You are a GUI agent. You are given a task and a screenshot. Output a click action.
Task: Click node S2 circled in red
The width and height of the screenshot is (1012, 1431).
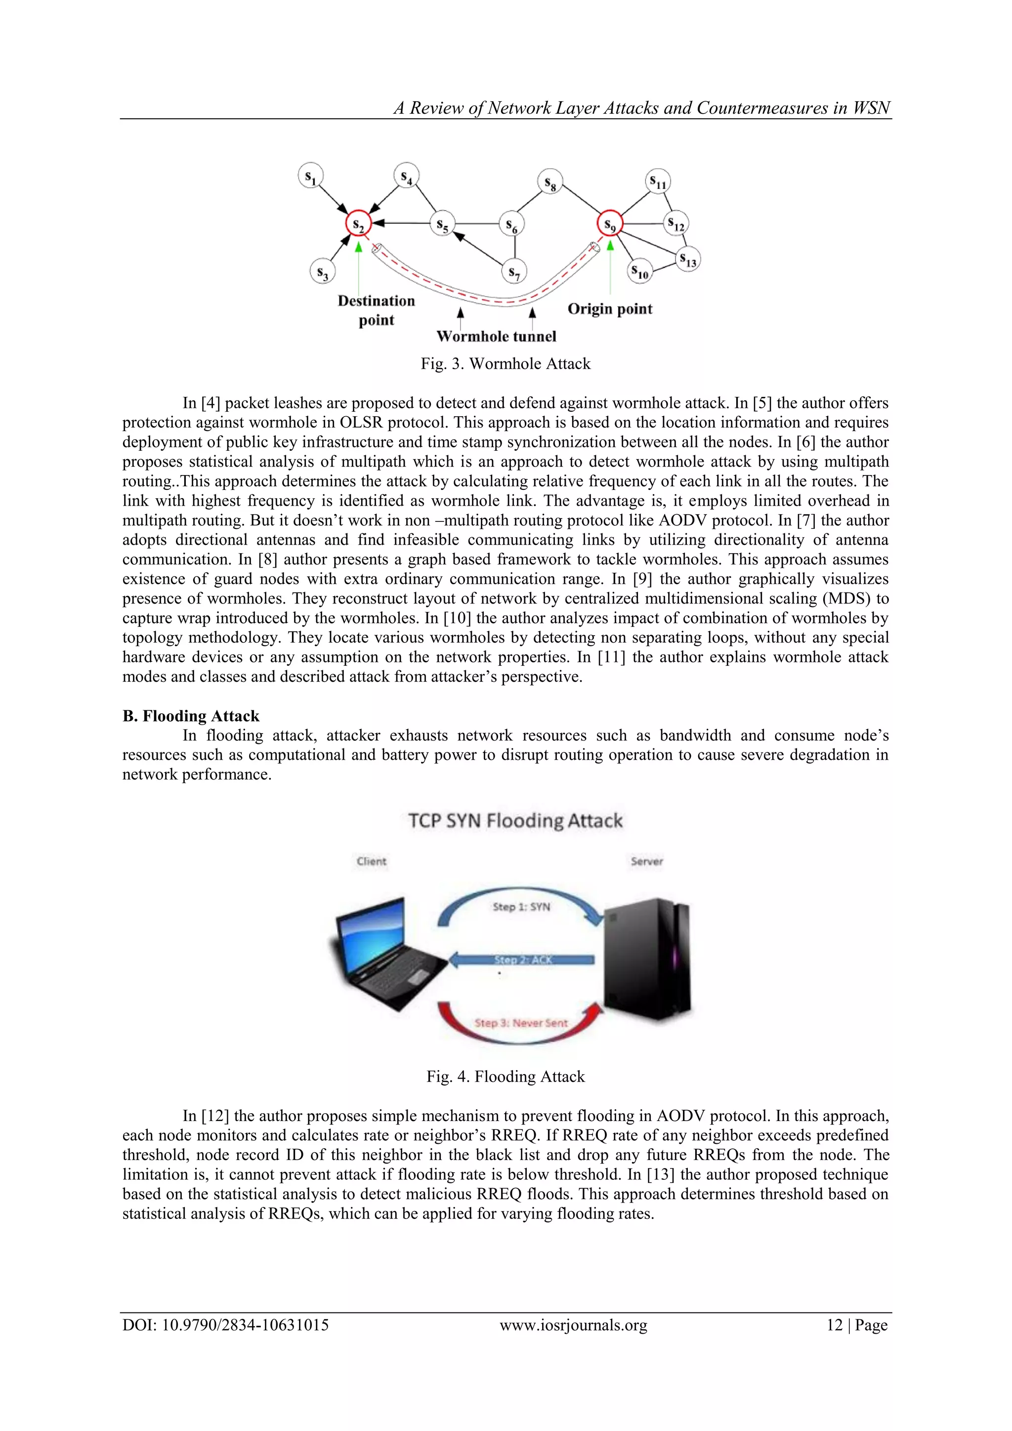tap(358, 225)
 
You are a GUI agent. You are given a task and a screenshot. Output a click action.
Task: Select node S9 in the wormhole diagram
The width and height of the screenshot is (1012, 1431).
tap(610, 225)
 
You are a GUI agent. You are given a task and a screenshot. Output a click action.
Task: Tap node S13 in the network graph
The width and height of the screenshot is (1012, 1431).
tap(688, 259)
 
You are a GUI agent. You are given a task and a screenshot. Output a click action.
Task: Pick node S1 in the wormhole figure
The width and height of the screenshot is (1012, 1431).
tap(310, 176)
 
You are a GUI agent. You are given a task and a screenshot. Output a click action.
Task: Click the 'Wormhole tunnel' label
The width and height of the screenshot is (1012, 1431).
tap(496, 337)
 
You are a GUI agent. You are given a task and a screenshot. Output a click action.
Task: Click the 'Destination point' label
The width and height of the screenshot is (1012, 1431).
tap(377, 310)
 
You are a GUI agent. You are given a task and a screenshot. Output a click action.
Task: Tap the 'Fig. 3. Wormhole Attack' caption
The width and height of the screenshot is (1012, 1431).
tap(506, 364)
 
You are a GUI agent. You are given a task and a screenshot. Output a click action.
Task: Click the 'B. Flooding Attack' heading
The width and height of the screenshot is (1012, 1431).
tap(191, 716)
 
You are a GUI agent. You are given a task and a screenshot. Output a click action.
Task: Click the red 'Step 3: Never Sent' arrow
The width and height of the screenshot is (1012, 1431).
tap(521, 1023)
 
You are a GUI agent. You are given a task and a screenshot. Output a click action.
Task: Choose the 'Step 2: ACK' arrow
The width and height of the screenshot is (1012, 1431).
tap(522, 960)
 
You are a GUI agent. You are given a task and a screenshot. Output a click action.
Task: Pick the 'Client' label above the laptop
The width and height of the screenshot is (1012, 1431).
tap(372, 862)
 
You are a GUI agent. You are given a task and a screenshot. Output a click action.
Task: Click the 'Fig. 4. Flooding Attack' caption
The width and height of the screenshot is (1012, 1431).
tap(506, 1077)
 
